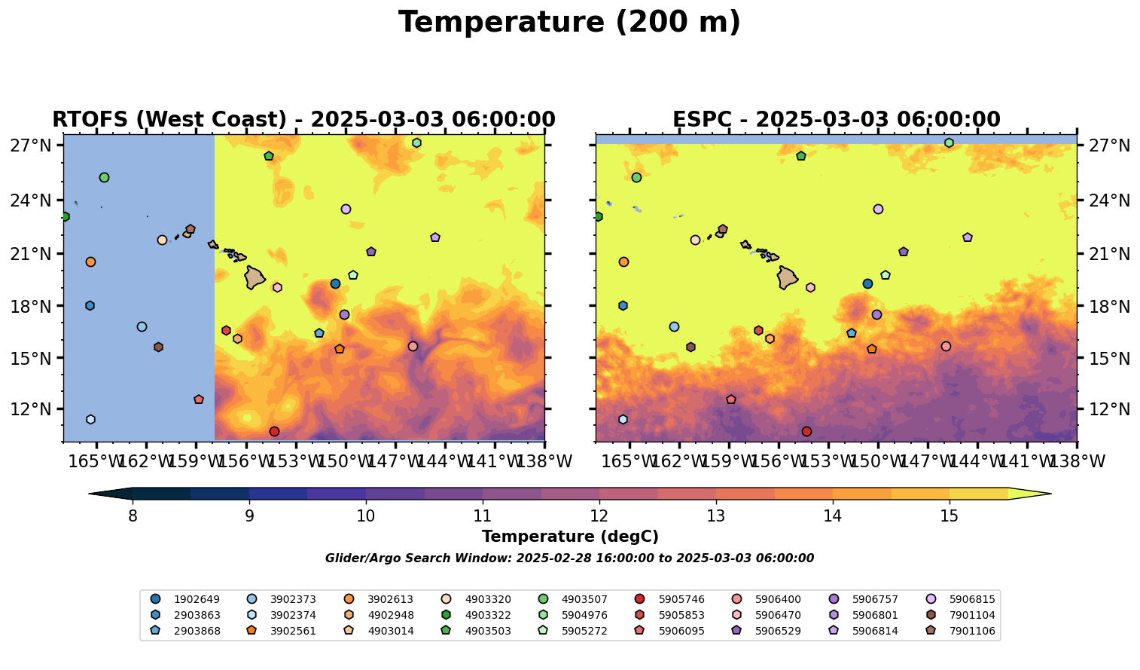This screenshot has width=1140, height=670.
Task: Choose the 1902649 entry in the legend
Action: pos(197,600)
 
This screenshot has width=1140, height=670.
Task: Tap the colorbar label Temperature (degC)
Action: pos(570,537)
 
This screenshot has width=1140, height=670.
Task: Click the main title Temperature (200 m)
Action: pos(569,23)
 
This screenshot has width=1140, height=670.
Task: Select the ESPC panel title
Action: pos(836,120)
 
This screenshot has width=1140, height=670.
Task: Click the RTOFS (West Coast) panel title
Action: pos(303,120)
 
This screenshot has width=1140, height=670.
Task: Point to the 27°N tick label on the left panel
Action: pos(31,145)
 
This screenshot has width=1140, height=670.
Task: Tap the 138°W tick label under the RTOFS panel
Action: pos(544,461)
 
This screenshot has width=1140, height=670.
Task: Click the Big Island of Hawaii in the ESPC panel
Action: pos(787,277)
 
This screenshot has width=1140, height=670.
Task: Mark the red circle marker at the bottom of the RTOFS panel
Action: pos(274,432)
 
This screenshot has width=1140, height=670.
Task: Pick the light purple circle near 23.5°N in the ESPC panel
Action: pos(878,210)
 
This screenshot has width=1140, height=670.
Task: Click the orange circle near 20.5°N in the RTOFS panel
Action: pos(90,262)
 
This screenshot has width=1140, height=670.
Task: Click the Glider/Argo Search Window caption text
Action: pos(569,558)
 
